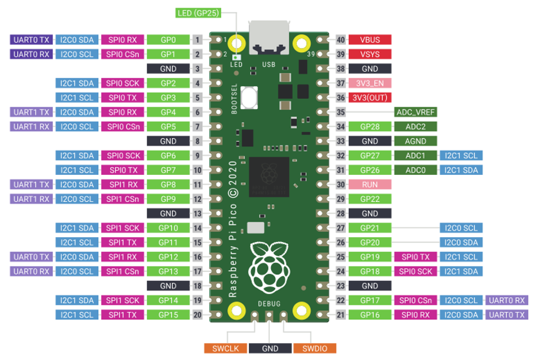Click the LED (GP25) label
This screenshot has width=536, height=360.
click(198, 13)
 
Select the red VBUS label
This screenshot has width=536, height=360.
click(370, 40)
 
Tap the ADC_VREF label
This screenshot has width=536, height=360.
click(415, 112)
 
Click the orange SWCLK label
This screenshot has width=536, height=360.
click(225, 349)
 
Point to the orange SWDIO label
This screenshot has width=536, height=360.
click(315, 349)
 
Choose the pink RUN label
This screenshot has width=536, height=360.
click(370, 184)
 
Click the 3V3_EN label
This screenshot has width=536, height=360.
click(370, 83)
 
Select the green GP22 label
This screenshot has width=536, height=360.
click(370, 199)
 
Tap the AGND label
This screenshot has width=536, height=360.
click(415, 141)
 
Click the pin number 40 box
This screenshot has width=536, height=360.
click(341, 40)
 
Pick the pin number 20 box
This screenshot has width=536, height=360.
click(197, 314)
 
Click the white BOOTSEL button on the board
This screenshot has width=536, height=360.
click(249, 98)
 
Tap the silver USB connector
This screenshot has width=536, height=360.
click(269, 38)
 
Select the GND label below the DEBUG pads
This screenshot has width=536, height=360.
click(270, 349)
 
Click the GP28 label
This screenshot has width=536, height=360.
click(370, 126)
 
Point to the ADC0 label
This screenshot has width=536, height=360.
click(415, 170)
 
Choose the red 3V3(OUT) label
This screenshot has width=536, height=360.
click(370, 98)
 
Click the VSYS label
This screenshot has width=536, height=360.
click(370, 54)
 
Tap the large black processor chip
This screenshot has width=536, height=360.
click(269, 177)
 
